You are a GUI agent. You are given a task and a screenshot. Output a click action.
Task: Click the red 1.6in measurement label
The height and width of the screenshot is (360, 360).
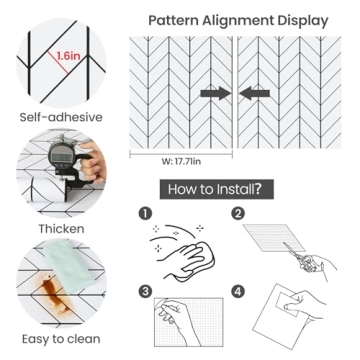68,55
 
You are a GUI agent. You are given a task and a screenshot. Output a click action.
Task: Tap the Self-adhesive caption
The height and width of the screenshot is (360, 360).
61,117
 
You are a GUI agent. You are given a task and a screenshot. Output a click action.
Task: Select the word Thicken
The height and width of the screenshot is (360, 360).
61,229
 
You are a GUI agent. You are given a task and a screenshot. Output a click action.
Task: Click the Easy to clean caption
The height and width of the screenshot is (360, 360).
61,339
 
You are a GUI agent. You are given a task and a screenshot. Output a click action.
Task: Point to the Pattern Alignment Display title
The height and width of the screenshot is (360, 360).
238,21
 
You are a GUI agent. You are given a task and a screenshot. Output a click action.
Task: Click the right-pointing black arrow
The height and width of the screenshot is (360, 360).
216,93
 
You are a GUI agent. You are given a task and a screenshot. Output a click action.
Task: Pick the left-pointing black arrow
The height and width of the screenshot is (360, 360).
254,93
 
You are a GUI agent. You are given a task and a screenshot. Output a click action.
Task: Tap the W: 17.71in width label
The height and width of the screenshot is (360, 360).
181,162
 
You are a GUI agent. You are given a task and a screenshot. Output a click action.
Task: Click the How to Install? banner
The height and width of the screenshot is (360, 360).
217,189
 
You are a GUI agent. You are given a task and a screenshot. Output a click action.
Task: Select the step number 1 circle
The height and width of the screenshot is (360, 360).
145,214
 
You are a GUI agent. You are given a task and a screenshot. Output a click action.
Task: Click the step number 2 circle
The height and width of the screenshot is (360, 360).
238,214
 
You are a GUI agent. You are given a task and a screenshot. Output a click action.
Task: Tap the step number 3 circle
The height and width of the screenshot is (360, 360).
145,292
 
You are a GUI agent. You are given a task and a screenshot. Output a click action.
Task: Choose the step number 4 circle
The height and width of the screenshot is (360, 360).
238,292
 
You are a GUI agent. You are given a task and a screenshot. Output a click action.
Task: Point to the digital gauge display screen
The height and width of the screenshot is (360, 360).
61,156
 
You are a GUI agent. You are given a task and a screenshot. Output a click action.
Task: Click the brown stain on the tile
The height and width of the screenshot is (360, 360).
55,294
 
